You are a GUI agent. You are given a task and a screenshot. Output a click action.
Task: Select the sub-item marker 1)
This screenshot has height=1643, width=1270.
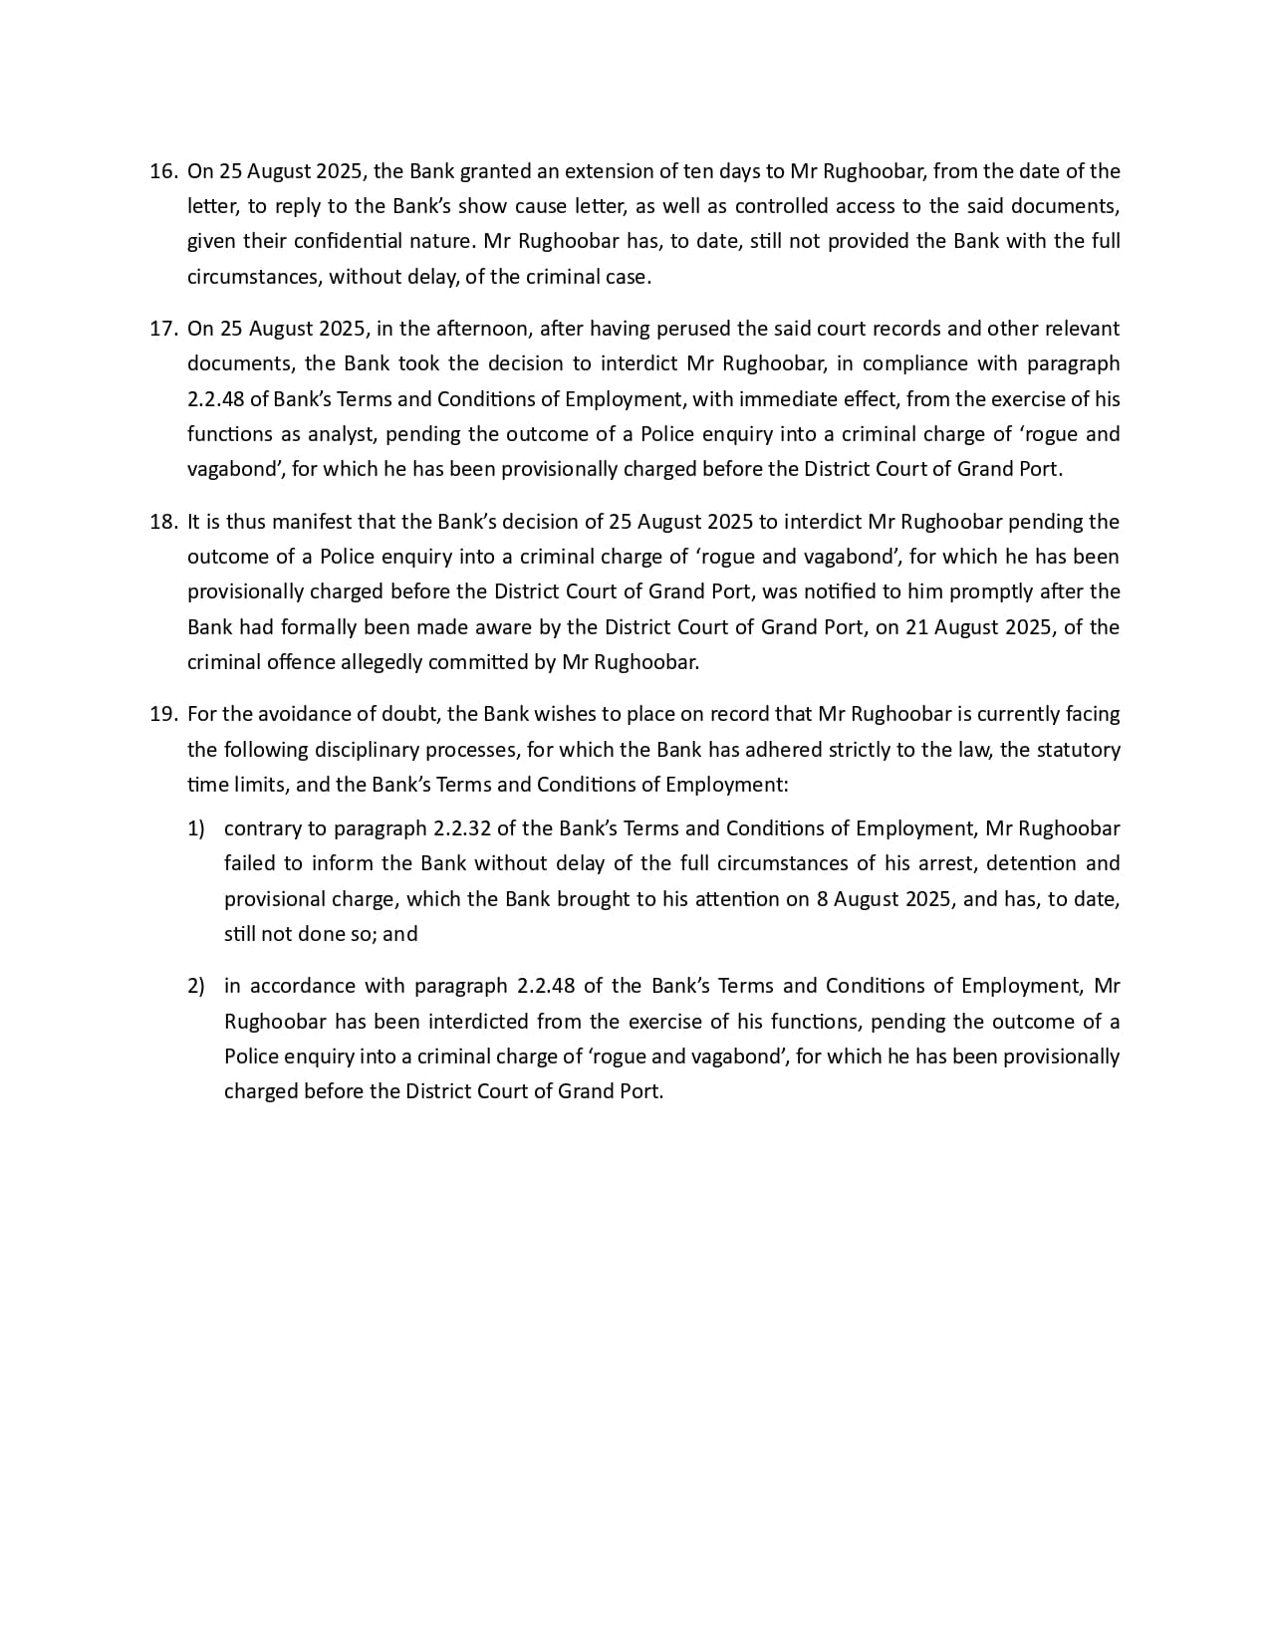(196, 828)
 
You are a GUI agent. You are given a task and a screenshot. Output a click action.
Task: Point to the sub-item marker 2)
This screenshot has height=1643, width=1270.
(196, 986)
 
